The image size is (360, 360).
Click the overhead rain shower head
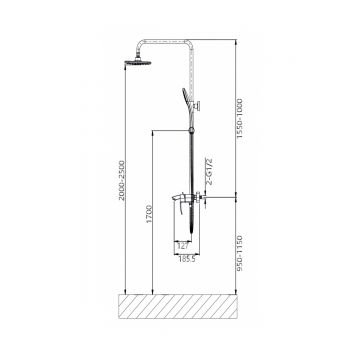(138, 62)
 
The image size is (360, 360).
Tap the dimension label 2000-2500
(122, 180)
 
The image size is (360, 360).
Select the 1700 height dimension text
(149, 214)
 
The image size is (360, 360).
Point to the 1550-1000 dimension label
(240, 118)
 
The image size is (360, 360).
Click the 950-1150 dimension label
(240, 253)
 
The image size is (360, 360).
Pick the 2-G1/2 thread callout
(210, 171)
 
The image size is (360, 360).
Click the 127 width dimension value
(183, 246)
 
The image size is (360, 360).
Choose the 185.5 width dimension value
(186, 259)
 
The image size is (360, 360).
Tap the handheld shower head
(187, 100)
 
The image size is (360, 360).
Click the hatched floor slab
(178, 307)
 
